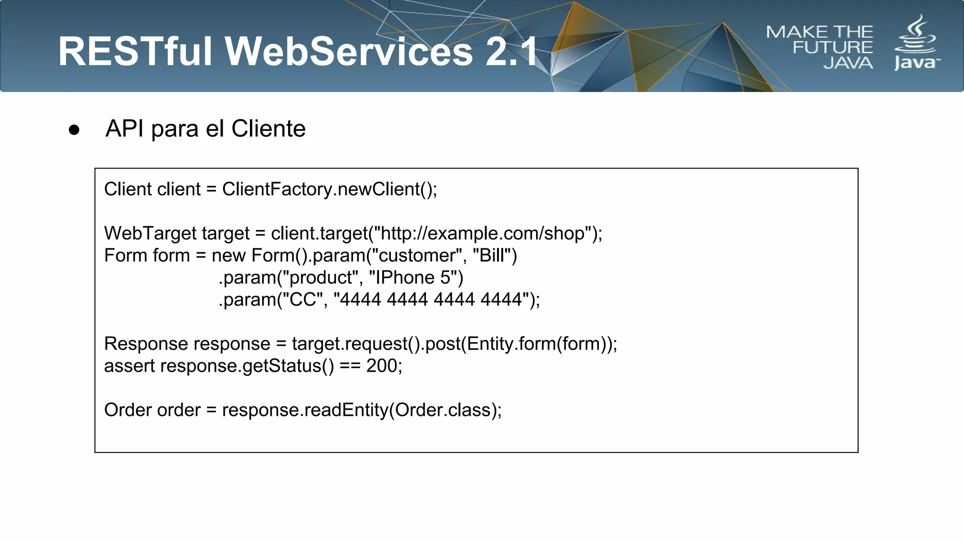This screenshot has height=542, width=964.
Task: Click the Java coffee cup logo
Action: pyautogui.click(x=916, y=42)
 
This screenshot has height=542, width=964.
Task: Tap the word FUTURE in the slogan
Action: pyautogui.click(x=832, y=48)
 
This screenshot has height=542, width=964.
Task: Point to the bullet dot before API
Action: pyautogui.click(x=74, y=130)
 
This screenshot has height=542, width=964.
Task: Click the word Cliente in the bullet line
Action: pyautogui.click(x=268, y=128)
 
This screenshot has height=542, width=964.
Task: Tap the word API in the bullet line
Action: pyautogui.click(x=124, y=128)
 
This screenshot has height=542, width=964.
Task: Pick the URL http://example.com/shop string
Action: pyautogui.click(x=482, y=233)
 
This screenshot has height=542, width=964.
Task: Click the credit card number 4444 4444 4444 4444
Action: pyautogui.click(x=430, y=300)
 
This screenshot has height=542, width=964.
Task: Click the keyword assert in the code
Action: pyautogui.click(x=129, y=366)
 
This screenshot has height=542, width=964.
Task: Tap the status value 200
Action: pyautogui.click(x=382, y=366)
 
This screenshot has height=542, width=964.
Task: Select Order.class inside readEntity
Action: pyautogui.click(x=442, y=410)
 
